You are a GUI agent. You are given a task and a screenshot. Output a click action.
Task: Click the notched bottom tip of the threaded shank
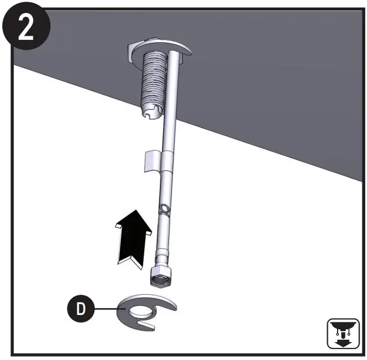151,112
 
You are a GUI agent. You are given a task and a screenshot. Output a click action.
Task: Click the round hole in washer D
141,312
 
